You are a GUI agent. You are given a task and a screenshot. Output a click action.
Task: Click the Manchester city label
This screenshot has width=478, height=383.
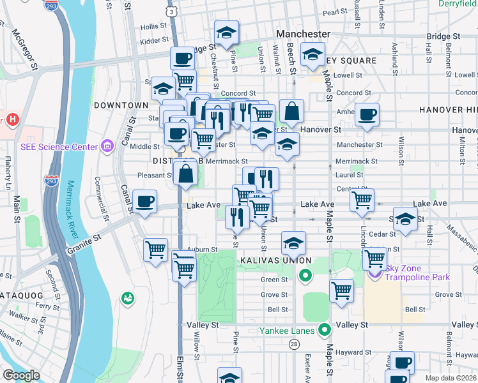point(303,34)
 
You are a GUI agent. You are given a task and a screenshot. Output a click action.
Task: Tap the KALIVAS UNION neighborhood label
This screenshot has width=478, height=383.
point(275,260)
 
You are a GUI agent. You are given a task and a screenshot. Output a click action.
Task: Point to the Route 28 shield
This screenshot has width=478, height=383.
point(294,344)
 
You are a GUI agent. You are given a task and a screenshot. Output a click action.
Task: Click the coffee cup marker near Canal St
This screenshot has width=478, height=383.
point(145,202)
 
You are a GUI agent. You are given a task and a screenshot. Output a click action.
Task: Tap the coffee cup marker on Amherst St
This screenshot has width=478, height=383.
point(367,114)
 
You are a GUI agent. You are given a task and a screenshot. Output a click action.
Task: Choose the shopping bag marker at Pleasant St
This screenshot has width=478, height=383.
point(185,174)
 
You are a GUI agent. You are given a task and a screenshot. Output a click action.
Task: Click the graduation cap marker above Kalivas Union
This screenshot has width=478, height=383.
point(293,243)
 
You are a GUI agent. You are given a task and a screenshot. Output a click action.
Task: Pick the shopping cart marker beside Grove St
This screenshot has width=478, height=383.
point(342,290)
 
